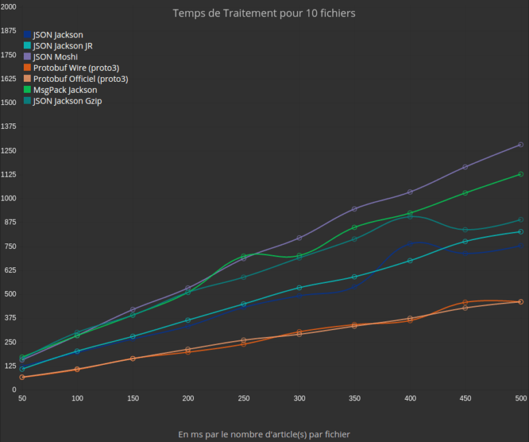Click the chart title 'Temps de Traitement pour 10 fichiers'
coord(264,13)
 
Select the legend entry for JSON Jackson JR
coord(63,46)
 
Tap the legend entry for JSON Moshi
coord(55,57)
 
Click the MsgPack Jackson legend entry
coord(65,89)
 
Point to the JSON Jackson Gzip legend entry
coord(67,101)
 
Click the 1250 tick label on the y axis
coord(9,151)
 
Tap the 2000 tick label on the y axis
coord(9,7)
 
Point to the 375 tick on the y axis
coord(9,318)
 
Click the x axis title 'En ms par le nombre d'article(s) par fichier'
coord(264,434)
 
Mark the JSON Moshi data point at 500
coord(521,145)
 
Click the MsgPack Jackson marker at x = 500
coord(521,174)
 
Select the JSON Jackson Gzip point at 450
coord(466,230)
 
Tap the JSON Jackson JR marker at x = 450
coord(466,241)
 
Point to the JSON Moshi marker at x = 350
coord(354,209)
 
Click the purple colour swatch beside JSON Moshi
coord(27,57)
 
